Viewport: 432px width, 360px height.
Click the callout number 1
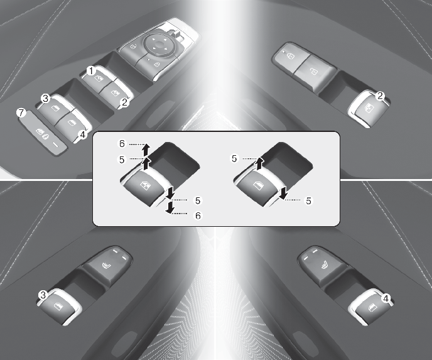point(90,71)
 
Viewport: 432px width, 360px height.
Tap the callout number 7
point(21,112)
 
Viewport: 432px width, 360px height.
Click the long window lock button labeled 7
point(43,133)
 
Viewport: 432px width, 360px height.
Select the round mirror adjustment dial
point(158,45)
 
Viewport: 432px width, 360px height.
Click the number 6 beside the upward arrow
point(122,144)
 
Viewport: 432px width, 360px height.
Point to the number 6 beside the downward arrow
point(198,215)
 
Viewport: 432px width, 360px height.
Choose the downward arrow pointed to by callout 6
point(170,207)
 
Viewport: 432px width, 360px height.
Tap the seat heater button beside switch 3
point(107,264)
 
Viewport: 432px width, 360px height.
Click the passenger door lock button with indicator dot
point(289,58)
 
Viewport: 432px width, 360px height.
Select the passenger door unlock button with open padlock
point(315,72)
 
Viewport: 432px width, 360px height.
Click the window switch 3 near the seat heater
point(58,307)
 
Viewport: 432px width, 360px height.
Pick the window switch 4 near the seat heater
point(371,307)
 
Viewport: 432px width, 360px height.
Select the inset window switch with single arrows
point(259,187)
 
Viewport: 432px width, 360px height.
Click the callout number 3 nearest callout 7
point(45,98)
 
